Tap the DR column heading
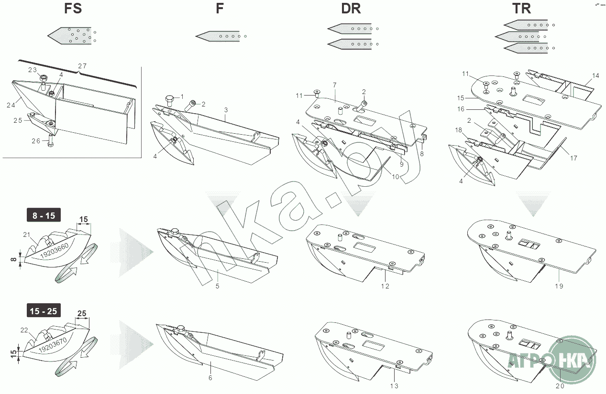351,9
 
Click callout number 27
82,66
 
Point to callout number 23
32,70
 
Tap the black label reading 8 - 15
44,215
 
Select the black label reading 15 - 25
44,311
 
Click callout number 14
595,75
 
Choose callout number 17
573,158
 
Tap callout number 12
385,286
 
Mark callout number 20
560,386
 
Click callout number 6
210,378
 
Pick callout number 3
226,110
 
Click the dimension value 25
82,313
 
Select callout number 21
26,234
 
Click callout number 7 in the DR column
335,85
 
